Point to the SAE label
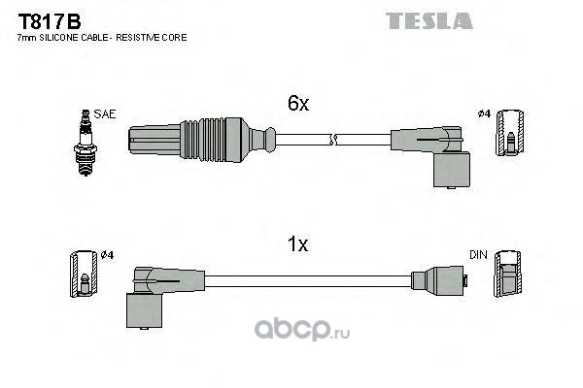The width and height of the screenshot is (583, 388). point(104,113)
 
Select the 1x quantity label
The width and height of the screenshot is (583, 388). point(297,245)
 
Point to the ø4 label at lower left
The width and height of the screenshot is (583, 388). point(108,255)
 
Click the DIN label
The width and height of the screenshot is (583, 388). point(477,255)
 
